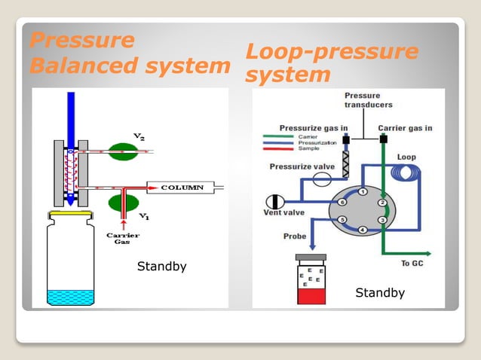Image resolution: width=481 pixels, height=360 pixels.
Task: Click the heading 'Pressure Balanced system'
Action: (x=128, y=53)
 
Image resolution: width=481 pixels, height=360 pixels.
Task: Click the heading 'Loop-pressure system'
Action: (x=332, y=63)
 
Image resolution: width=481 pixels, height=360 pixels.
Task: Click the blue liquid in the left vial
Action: (x=69, y=297)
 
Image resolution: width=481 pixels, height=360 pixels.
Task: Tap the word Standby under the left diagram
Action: (x=161, y=267)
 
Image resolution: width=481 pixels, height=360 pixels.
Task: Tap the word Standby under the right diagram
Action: (x=380, y=293)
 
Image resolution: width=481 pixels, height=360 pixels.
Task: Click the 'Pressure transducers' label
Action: (x=369, y=100)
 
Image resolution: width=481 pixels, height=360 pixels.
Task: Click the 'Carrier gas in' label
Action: (x=405, y=128)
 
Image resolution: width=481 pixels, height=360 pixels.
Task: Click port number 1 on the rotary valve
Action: (x=363, y=191)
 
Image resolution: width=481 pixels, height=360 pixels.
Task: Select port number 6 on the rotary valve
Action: (x=342, y=202)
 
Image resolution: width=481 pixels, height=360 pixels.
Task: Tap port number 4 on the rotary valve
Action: (x=363, y=230)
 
